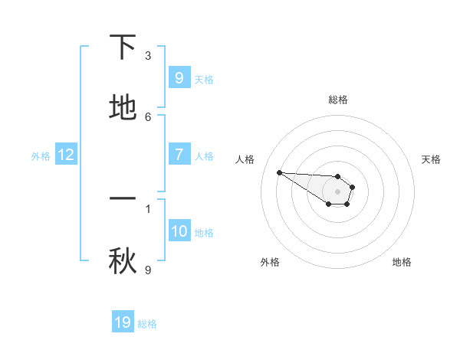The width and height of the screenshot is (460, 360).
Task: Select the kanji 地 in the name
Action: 123,108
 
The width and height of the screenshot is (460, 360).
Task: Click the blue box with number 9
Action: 179,77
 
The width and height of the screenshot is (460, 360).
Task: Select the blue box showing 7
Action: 179,155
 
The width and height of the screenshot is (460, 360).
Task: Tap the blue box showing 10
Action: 179,231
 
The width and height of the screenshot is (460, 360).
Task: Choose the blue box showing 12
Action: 66,155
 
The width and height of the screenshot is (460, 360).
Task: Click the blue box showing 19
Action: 123,322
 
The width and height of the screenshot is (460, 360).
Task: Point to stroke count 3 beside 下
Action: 148,55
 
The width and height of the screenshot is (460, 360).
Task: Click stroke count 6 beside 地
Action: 148,116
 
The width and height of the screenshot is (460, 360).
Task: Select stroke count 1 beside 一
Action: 148,208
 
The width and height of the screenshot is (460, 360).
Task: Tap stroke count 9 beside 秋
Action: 148,270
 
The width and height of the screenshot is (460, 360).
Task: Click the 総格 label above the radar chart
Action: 337,100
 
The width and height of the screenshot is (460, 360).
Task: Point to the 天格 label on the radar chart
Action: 431,159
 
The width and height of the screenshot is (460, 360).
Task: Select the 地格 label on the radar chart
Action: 402,262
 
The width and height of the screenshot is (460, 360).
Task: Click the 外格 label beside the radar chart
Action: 270,262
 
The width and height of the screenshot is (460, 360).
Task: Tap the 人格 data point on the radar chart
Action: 279,172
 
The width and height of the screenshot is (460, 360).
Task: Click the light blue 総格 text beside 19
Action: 147,324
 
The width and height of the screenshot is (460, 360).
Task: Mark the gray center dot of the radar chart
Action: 337,191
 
